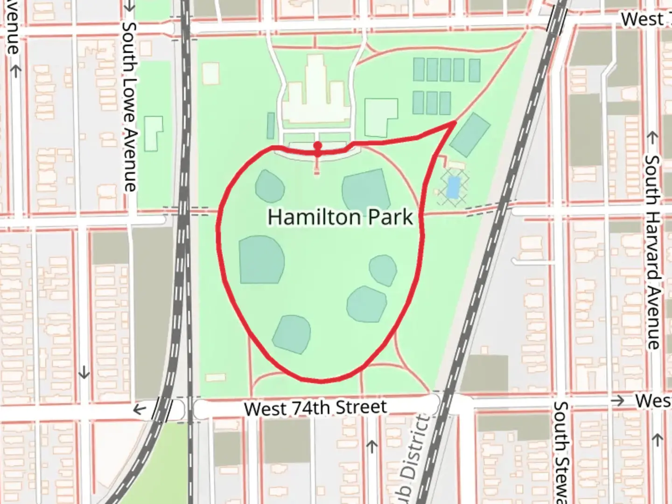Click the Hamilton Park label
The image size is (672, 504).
coord(340,217)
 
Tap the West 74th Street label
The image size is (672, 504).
coord(315,408)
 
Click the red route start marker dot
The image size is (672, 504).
coord(317,145)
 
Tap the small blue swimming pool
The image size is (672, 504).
coord(452,187)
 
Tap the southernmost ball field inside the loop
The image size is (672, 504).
coord(292,334)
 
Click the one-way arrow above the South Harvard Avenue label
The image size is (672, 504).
coord(652,138)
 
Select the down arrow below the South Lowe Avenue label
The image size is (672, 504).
coord(84,372)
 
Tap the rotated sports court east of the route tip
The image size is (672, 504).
coord(470,134)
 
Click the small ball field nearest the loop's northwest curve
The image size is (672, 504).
coord(270,186)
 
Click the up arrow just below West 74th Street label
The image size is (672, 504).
coord(371,447)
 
